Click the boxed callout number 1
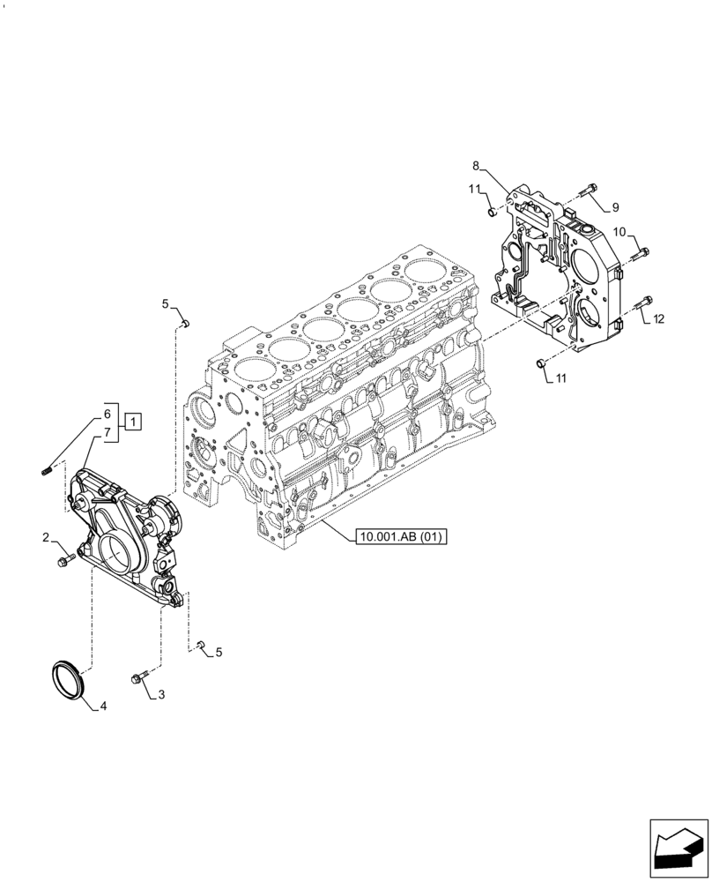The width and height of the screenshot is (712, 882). (131, 421)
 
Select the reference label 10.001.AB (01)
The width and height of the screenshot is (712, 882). (401, 536)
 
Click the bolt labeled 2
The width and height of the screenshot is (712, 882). (63, 560)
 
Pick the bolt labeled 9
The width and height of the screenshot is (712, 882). (590, 189)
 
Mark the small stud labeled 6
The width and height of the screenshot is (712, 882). (47, 468)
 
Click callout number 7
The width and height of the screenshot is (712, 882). (107, 432)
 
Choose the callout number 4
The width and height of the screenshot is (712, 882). (104, 706)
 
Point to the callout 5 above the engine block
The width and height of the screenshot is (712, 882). (165, 304)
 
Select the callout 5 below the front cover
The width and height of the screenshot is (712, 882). (219, 653)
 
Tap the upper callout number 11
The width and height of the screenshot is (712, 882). (474, 189)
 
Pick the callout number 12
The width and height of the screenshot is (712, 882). (659, 318)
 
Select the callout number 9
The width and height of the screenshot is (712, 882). (615, 207)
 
